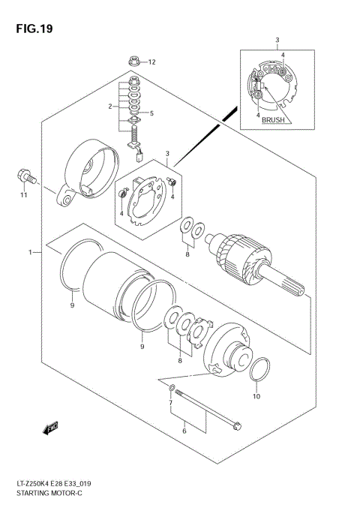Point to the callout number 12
coord(151,62)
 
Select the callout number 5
coord(151,113)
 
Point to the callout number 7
coord(171,404)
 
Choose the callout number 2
coord(109,107)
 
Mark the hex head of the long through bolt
coord(235,425)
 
